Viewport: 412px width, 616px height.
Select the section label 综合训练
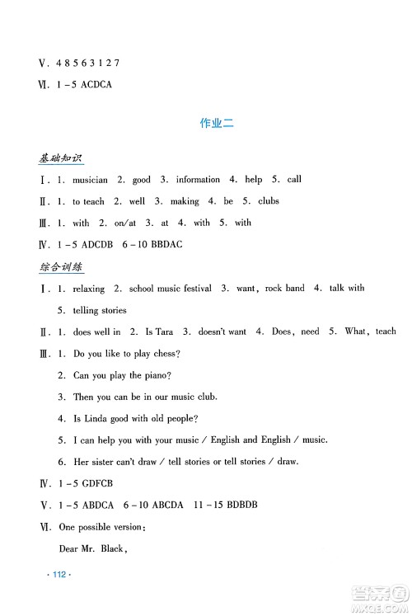click(x=63, y=267)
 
